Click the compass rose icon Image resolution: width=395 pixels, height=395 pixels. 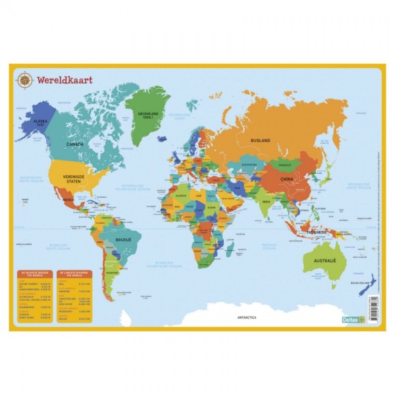click(25, 80)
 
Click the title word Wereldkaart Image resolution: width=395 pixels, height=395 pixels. click(65, 80)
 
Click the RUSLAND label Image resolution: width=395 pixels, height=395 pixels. click(260, 140)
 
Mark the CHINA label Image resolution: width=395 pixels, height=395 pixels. click(286, 178)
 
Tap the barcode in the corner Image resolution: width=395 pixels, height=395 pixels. click(373, 310)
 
